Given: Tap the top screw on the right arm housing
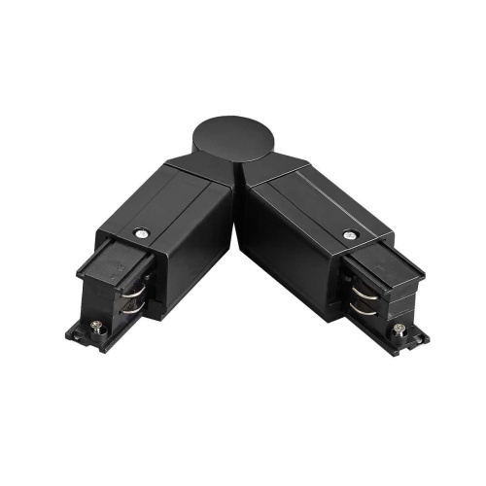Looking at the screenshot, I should [x=347, y=234].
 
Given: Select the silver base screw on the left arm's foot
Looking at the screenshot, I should [x=96, y=329].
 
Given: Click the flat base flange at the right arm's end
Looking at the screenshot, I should [x=413, y=336].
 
